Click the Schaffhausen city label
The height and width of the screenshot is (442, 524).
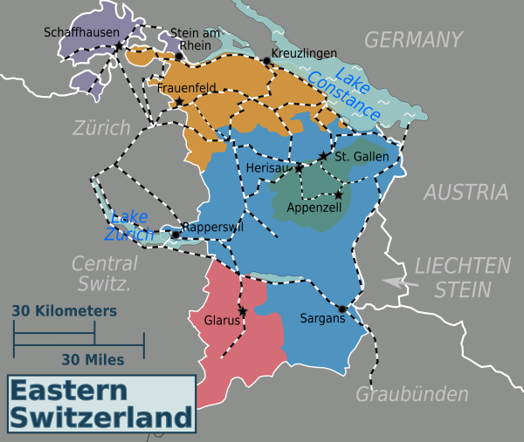pos(81,32)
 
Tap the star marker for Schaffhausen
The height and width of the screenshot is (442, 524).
pos(118,45)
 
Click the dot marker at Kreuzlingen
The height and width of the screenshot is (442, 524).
pos(266,61)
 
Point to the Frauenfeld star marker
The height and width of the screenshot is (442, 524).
pos(180,102)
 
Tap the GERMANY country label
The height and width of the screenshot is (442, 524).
pos(412,39)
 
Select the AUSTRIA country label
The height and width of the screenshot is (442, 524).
pos(465,193)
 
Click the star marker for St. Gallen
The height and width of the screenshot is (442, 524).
pos(324,156)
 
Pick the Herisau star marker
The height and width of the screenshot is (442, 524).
pos(299,167)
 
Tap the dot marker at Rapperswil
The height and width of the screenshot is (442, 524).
pos(175,234)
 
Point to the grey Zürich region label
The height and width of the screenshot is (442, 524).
pos(101,128)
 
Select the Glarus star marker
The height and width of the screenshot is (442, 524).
pos(243,311)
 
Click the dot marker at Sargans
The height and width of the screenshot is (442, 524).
pos(341,309)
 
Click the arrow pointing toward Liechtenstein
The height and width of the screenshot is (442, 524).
pos(396,282)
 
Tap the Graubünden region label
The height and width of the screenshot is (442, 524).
pos(411,394)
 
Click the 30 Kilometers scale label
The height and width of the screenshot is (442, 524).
pos(64,310)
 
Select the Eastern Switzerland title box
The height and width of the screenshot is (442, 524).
pos(101,403)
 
